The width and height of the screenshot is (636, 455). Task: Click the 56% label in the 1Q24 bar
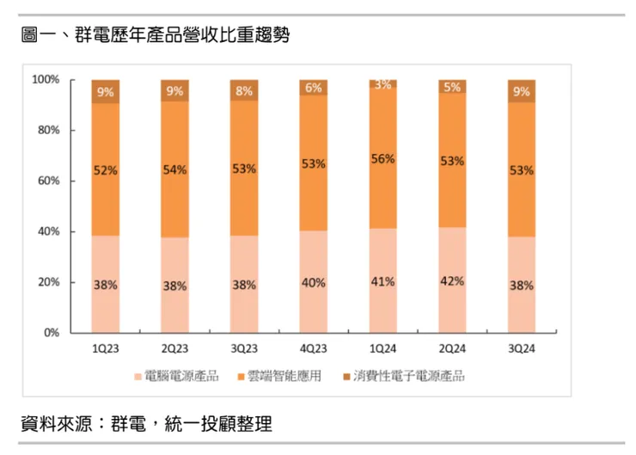pos(382,159)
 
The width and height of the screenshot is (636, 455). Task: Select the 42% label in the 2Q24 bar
pos(452,281)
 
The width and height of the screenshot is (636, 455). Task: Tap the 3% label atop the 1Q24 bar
pos(382,84)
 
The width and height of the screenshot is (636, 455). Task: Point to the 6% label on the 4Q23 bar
pos(314,88)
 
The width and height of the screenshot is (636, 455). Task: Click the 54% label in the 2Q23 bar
pos(174,169)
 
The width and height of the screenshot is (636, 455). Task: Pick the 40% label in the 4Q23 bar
pos(314,282)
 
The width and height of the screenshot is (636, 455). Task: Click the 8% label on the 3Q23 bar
pos(244,90)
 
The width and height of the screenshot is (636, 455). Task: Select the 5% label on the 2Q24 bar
pos(452,87)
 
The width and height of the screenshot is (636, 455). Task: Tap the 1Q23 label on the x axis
pos(106,349)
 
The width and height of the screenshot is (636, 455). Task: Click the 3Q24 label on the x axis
pos(521,349)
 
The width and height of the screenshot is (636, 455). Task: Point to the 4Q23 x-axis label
pos(314,349)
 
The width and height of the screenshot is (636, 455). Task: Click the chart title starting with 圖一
pos(155,36)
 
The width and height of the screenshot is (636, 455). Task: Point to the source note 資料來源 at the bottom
pos(146,423)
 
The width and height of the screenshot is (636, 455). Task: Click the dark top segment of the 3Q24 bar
pos(521,90)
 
